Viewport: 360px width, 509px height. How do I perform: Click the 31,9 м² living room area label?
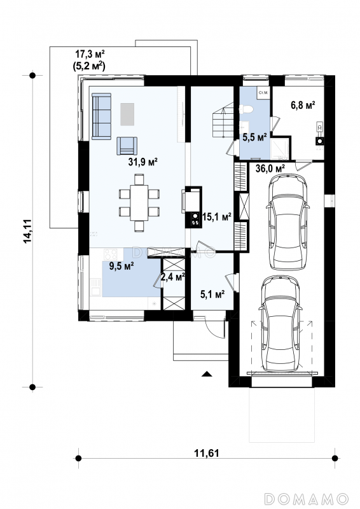[143, 162]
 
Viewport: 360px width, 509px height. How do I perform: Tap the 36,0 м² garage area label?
[270, 169]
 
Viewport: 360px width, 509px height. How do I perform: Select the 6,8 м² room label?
[303, 105]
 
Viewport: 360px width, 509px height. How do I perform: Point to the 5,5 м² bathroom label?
[255, 137]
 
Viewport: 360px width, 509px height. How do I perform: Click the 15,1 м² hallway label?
[217, 217]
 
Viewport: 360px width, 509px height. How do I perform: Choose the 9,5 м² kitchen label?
[121, 267]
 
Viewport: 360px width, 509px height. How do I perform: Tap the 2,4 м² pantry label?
[173, 277]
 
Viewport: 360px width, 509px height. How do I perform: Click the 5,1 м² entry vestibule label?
[212, 295]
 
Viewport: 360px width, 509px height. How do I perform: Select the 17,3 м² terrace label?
[90, 54]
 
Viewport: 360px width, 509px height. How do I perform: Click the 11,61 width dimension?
[207, 453]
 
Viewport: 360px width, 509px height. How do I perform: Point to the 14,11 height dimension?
[27, 231]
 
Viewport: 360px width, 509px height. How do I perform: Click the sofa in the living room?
[101, 116]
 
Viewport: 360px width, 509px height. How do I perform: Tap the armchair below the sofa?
[127, 146]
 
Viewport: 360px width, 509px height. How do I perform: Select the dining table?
[139, 203]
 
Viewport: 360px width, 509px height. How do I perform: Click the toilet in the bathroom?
[247, 109]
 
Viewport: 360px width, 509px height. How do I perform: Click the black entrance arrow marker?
[207, 373]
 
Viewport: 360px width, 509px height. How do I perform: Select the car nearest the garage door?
[280, 324]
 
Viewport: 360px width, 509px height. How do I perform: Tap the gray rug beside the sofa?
[128, 115]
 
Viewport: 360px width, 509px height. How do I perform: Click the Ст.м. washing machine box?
[263, 93]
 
